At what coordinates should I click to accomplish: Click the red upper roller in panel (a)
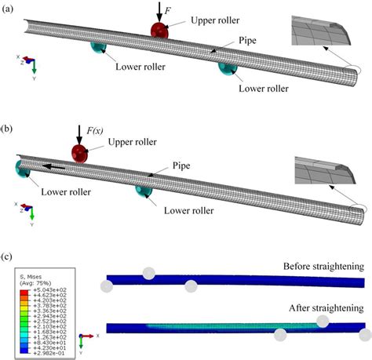pos(160,32)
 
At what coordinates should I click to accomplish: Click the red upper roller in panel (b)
pos(80,152)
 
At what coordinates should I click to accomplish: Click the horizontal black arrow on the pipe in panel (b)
pos(53,166)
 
